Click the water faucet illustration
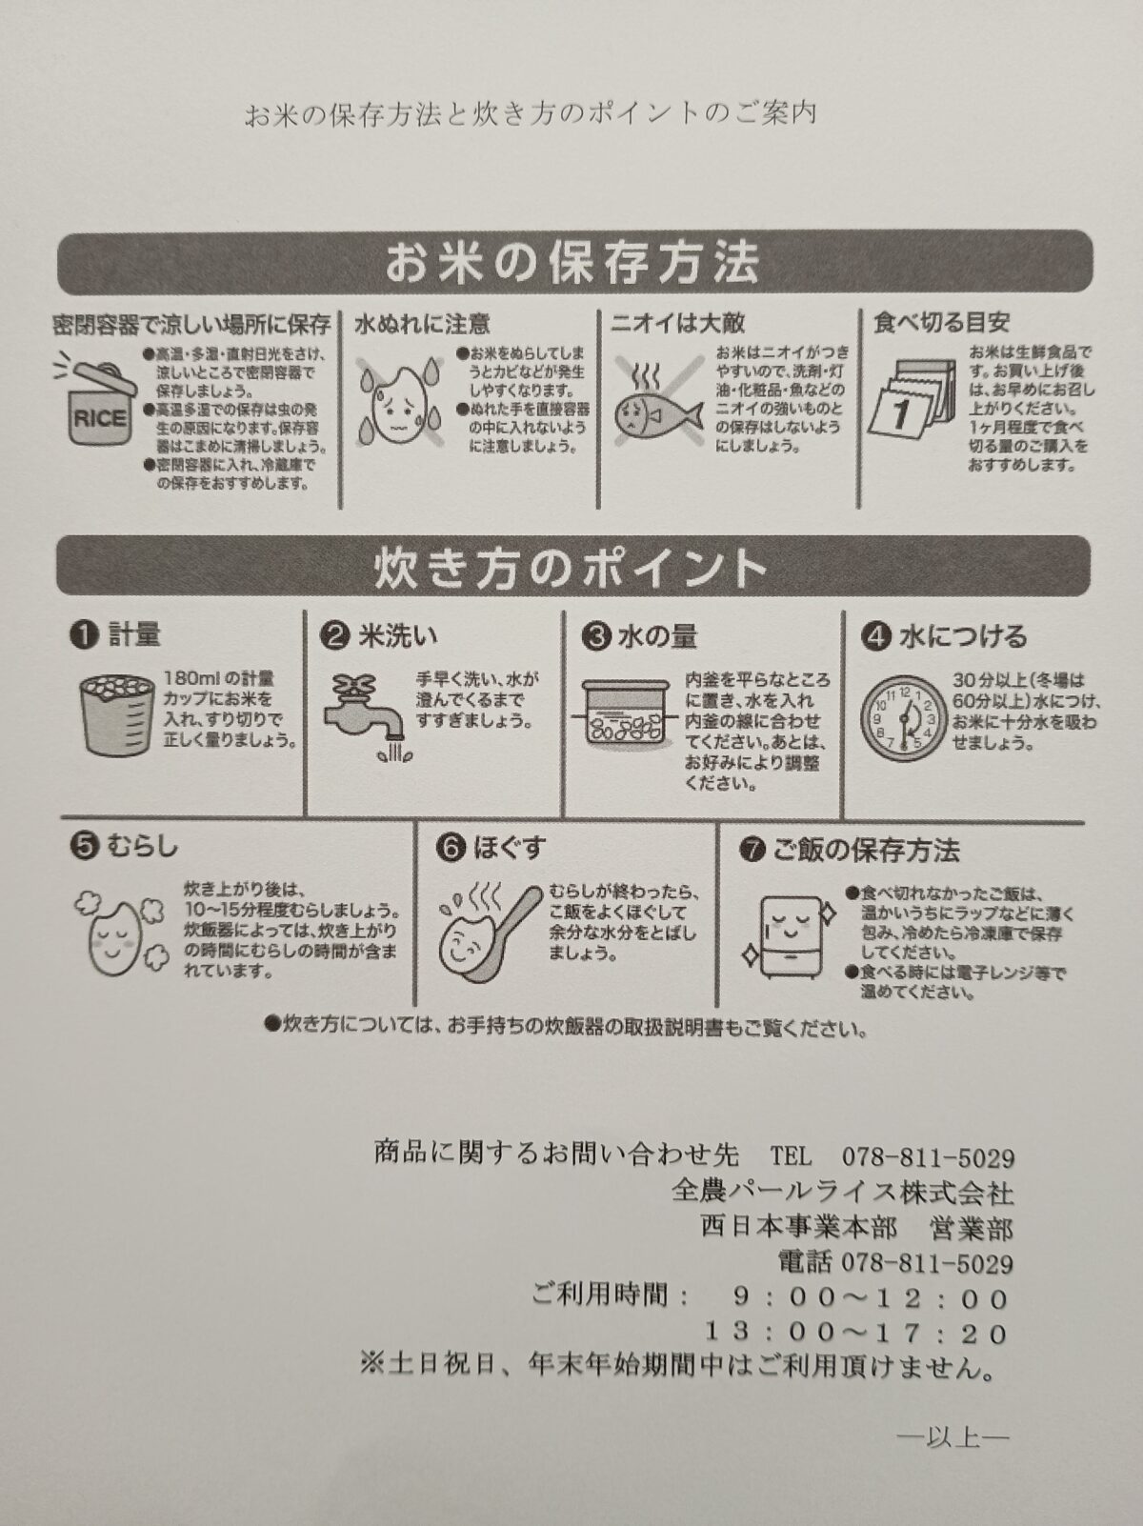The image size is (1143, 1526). (365, 716)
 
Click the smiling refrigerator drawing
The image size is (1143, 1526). (790, 935)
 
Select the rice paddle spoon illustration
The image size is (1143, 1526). (490, 932)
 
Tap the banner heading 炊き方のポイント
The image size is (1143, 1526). (571, 568)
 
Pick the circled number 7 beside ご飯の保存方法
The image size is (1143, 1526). (752, 851)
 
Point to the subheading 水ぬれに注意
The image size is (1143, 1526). (422, 323)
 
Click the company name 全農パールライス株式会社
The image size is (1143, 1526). (842, 1192)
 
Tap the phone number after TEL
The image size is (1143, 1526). (929, 1156)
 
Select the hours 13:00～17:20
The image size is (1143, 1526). (856, 1332)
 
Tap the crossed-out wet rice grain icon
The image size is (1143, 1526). (399, 403)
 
